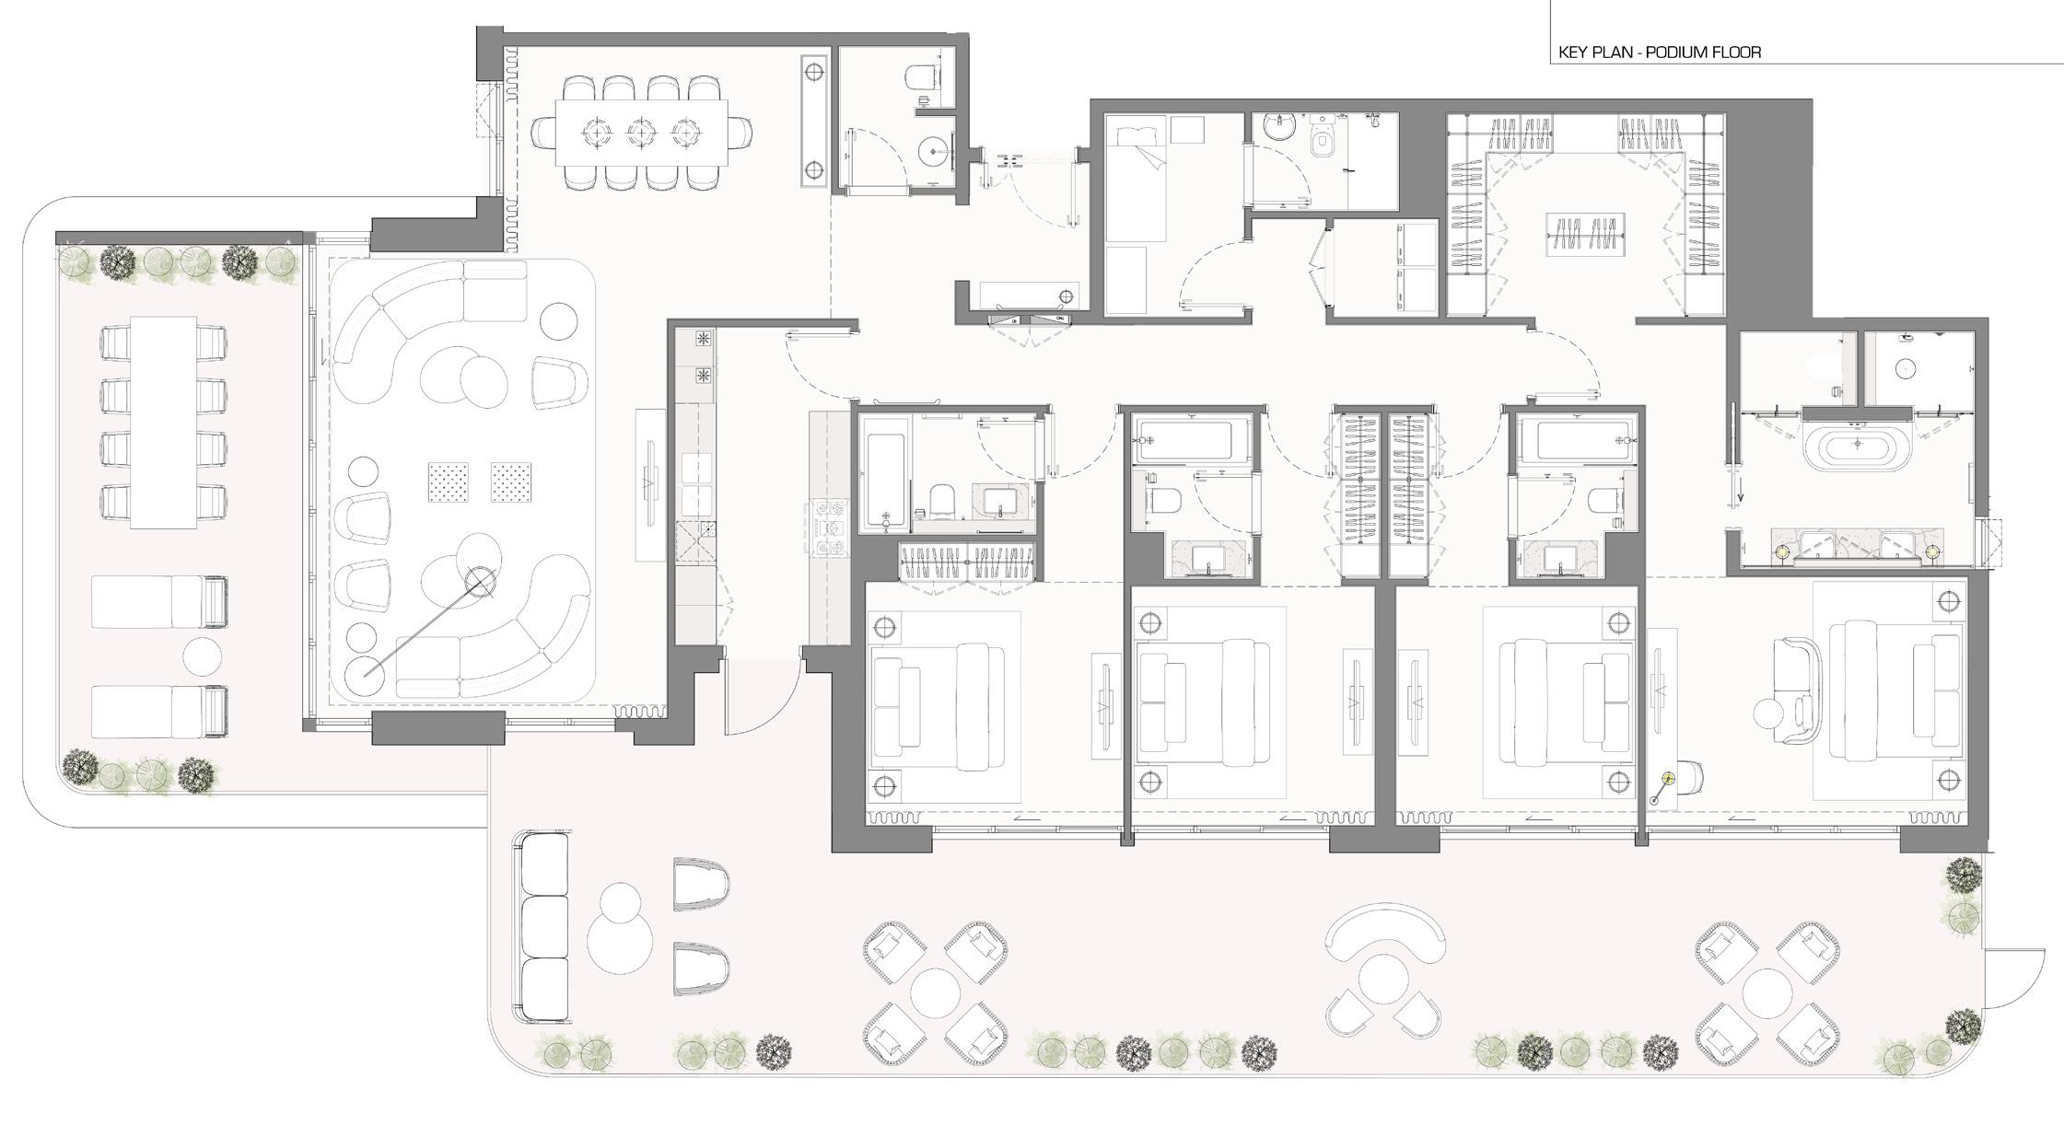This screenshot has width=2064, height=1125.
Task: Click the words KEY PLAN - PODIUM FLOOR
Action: tap(1659, 52)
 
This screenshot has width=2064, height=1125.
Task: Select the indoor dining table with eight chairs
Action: tap(641, 133)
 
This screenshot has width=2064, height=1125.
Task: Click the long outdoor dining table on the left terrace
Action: tap(164, 423)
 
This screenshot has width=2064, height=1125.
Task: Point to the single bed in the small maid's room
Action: tap(1135, 179)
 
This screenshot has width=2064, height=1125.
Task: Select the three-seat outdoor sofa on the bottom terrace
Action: tap(543, 927)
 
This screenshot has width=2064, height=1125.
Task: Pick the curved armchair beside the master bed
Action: tap(1798, 690)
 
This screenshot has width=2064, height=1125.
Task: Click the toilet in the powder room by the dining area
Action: tap(923, 75)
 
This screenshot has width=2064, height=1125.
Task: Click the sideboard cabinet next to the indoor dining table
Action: tap(814, 122)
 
